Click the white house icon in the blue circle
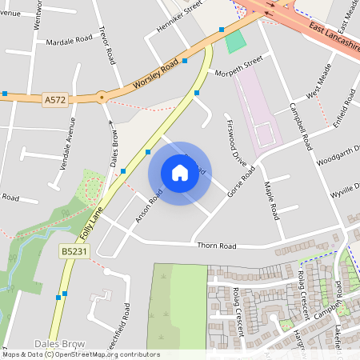[x=180, y=173]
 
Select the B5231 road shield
[x=73, y=250]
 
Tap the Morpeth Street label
[x=238, y=66]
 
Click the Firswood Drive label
[x=237, y=141]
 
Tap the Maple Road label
[x=270, y=201]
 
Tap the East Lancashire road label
[x=324, y=40]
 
